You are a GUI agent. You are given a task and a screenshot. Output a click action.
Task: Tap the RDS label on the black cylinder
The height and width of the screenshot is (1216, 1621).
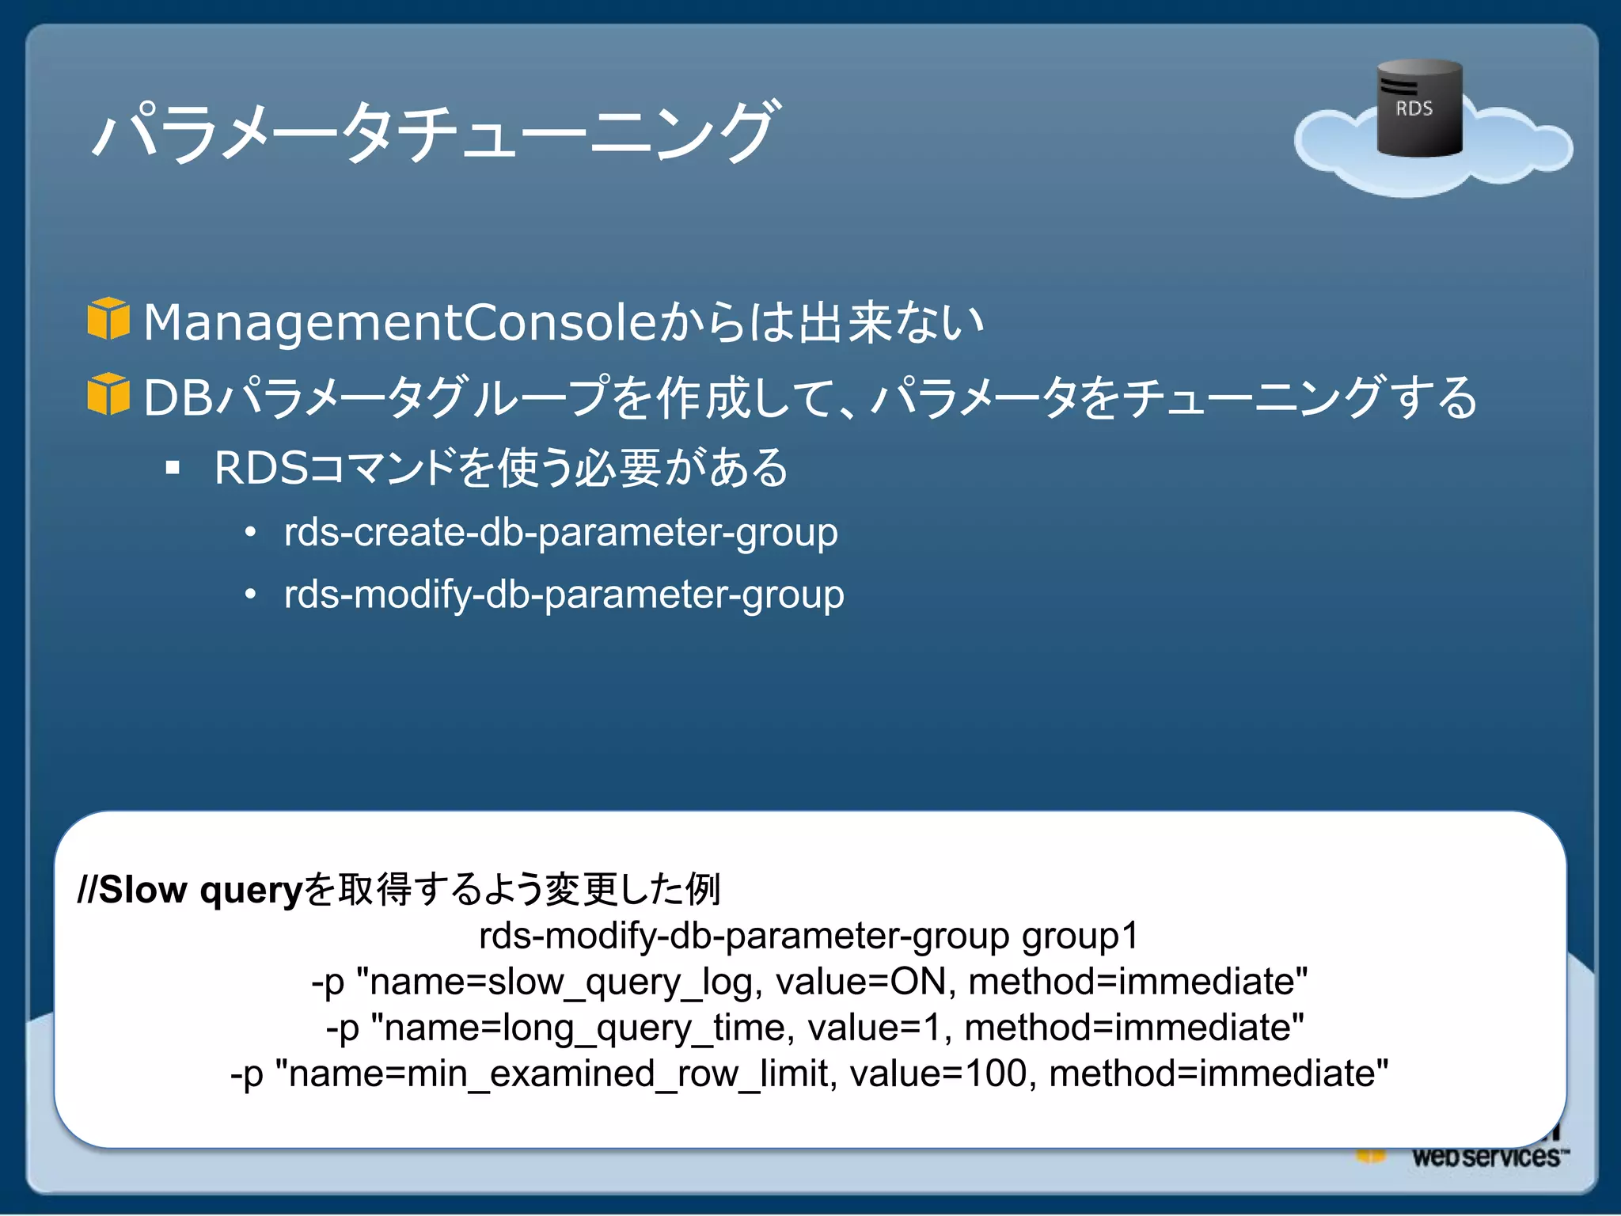pyautogui.click(x=1414, y=108)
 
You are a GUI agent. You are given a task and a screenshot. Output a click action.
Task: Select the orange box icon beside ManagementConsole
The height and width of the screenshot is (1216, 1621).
pyautogui.click(x=108, y=319)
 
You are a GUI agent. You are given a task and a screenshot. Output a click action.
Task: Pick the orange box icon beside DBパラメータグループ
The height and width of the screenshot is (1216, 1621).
pyautogui.click(x=108, y=393)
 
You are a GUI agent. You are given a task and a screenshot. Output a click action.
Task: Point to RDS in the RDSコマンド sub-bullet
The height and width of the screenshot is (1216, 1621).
pyautogui.click(x=260, y=468)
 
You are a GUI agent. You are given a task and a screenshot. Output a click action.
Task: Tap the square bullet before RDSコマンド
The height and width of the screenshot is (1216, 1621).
pyautogui.click(x=173, y=468)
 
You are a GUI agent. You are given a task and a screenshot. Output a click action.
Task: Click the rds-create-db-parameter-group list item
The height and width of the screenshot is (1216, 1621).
pyautogui.click(x=560, y=532)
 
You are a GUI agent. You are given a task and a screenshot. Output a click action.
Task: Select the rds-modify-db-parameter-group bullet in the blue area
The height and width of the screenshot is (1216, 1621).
pyautogui.click(x=564, y=595)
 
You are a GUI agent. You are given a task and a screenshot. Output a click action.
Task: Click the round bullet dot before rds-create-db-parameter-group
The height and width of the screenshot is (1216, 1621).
pyautogui.click(x=250, y=532)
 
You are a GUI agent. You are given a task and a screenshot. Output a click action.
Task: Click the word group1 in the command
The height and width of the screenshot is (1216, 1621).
pyautogui.click(x=1080, y=936)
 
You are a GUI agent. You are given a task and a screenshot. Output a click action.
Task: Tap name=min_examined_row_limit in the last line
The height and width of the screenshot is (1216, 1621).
pyautogui.click(x=562, y=1074)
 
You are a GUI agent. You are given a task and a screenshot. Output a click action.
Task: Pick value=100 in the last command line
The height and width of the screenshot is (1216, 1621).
pyautogui.click(x=938, y=1074)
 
